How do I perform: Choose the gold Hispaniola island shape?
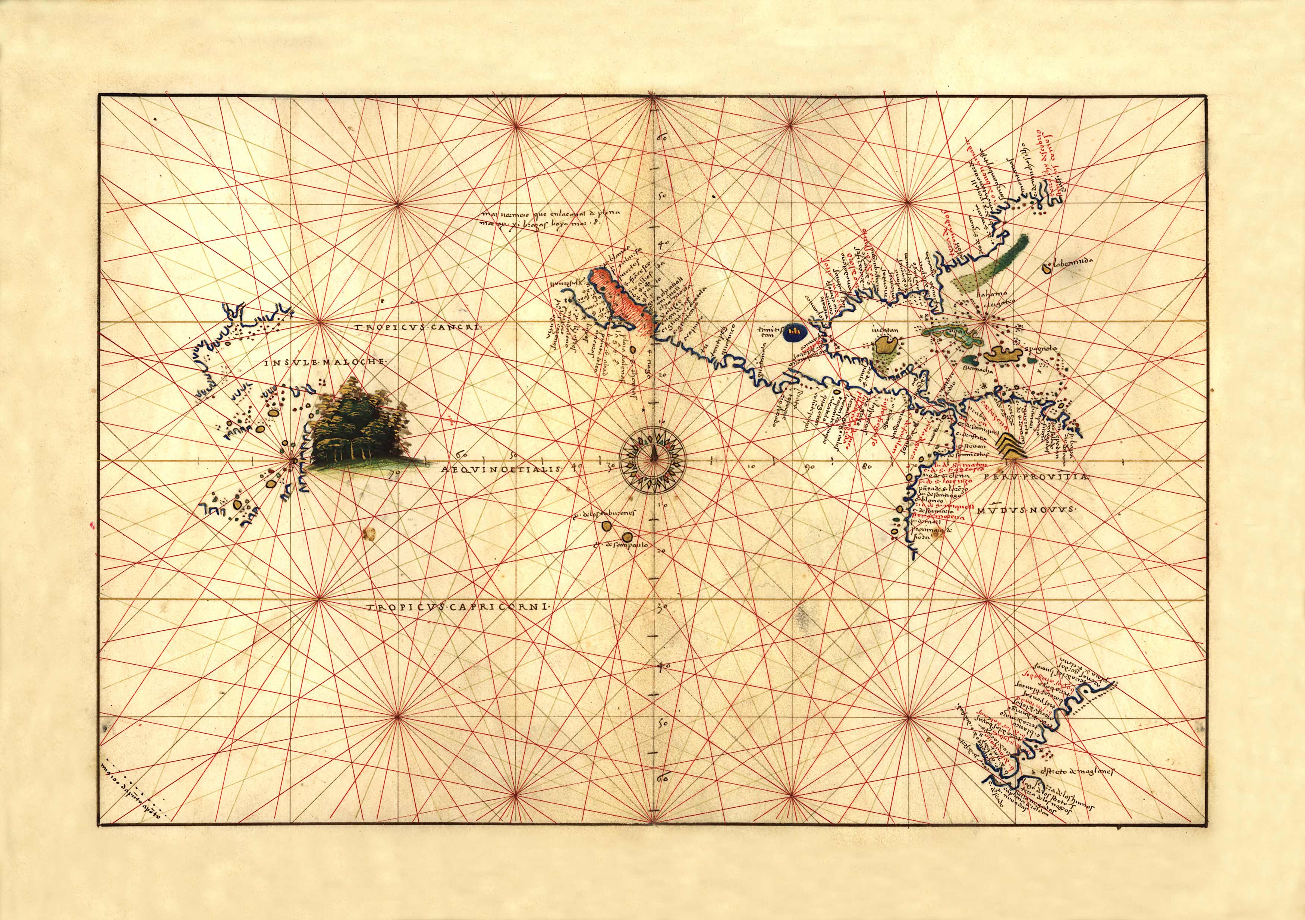tap(1005, 356)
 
